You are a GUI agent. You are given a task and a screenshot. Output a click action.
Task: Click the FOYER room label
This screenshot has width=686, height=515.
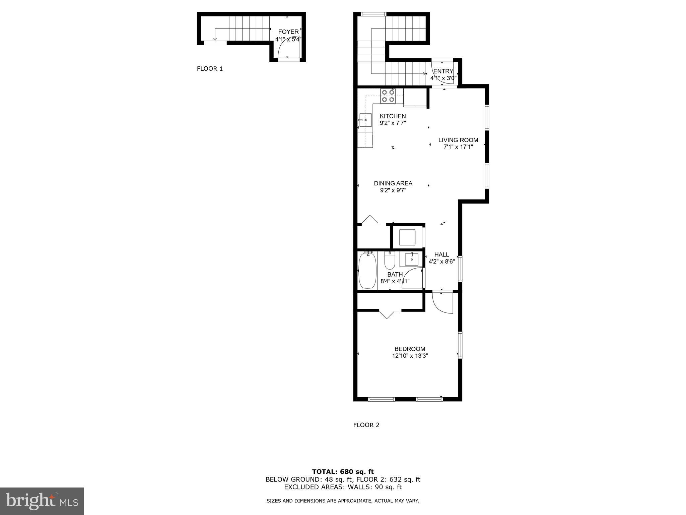(288, 32)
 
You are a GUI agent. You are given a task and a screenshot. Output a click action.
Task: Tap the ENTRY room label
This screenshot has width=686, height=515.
(443, 71)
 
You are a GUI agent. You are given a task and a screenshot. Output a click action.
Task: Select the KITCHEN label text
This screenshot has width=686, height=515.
(393, 116)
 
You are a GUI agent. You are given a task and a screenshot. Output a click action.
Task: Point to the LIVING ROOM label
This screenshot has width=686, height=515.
(458, 140)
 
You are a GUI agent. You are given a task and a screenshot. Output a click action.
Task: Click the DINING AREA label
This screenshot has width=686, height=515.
(393, 183)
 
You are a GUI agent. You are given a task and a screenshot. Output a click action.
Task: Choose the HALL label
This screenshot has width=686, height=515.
(441, 255)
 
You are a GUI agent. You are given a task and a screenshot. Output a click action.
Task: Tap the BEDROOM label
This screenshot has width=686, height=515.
(410, 349)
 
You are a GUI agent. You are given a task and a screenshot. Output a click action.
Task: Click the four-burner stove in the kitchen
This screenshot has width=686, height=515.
(388, 96)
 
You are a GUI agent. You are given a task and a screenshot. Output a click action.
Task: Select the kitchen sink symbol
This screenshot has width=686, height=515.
(365, 120)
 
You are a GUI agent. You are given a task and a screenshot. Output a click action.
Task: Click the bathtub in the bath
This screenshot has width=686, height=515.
(367, 270)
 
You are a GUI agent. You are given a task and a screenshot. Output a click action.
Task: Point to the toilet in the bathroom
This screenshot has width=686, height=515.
(390, 261)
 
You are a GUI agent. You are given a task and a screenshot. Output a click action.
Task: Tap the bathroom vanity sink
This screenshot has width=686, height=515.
(411, 259)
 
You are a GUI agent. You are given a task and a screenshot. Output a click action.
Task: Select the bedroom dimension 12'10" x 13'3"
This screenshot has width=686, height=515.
(410, 356)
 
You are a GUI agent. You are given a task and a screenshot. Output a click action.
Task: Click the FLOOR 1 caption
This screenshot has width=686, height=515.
(210, 69)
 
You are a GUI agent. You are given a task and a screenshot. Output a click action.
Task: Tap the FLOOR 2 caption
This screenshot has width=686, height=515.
(366, 425)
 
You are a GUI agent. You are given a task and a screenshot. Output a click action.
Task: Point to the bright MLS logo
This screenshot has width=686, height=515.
(42, 501)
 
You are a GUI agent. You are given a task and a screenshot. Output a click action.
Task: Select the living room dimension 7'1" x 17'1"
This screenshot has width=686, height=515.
(458, 147)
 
